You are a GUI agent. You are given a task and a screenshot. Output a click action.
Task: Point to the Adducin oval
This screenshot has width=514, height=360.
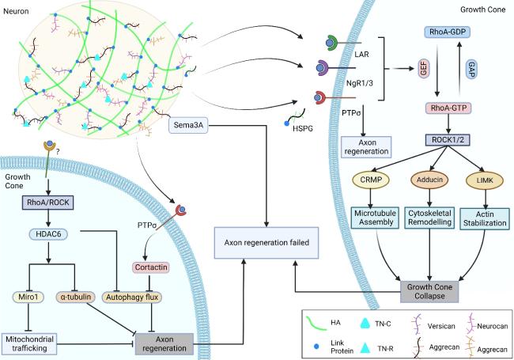click(x=428, y=180)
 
